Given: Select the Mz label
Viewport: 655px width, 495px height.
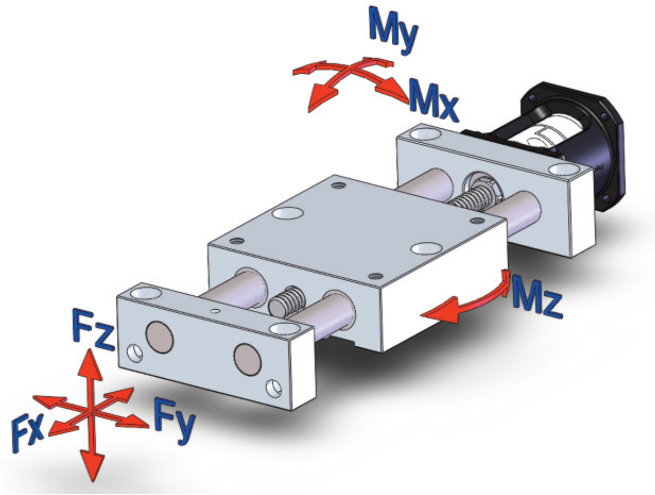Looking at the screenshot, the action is [x=536, y=295].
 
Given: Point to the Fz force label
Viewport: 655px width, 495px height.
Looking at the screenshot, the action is [x=93, y=330].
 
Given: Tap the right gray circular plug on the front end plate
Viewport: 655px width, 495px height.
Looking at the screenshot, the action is [x=247, y=359].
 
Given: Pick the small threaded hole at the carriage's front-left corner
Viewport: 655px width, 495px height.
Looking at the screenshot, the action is [x=237, y=241].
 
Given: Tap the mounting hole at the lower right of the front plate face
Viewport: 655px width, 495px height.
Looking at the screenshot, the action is [x=274, y=388].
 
